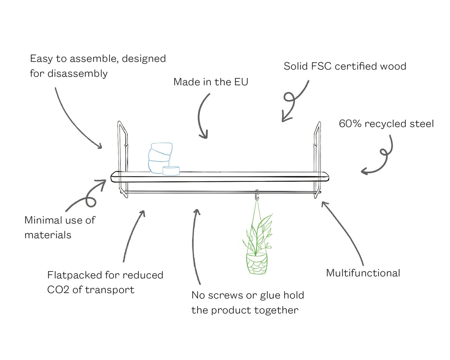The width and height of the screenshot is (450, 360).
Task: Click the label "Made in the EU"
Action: [x=211, y=82]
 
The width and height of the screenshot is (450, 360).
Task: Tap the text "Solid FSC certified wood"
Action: [x=345, y=66]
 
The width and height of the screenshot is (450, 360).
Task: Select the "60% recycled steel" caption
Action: [x=386, y=124]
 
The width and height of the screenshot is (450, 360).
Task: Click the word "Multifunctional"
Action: [x=363, y=273]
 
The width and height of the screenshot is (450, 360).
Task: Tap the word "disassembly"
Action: [x=78, y=73]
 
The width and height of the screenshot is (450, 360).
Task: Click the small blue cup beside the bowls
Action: [x=171, y=171]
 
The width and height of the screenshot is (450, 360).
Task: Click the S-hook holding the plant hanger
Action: [x=257, y=195]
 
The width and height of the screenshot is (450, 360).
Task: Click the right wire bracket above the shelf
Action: [x=317, y=146]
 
